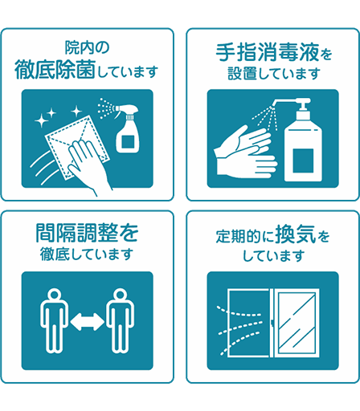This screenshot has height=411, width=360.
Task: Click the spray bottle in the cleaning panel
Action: point(127,130)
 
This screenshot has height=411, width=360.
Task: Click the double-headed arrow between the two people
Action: point(88,321)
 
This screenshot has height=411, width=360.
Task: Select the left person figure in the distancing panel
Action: point(55,320)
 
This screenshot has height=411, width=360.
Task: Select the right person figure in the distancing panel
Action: point(120,320)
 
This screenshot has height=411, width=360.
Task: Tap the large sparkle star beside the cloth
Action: point(42,120)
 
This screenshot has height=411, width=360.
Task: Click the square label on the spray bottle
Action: point(128,141)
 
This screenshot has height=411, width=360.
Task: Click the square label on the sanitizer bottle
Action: point(303,161)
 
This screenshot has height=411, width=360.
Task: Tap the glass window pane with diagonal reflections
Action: point(297,323)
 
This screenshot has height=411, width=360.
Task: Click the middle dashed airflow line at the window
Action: point(239,328)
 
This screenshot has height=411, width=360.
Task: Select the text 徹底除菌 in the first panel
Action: point(55,70)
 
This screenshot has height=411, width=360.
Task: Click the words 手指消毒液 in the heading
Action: point(268,52)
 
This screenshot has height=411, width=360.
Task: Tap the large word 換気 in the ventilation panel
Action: point(296,234)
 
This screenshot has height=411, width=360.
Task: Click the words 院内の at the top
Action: point(87,47)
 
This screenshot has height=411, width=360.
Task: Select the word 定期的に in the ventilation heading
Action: point(245,237)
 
